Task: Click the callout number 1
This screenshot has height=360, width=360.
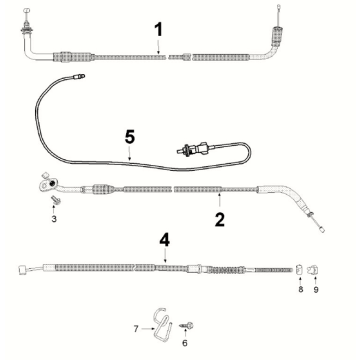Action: (159, 29)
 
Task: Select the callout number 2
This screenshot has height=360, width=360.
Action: (220, 220)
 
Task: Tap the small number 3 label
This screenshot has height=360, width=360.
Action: (54, 219)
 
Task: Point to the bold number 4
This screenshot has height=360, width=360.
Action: (164, 240)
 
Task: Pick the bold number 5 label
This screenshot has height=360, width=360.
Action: (130, 138)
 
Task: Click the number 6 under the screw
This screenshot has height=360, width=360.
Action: (185, 343)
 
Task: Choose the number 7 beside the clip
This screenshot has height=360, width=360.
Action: (136, 329)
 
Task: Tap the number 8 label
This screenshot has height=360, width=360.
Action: (301, 289)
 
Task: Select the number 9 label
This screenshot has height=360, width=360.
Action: (316, 289)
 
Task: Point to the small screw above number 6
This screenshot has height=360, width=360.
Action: (187, 325)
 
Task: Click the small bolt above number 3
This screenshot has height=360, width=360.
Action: (53, 199)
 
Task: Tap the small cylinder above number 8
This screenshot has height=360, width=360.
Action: (299, 268)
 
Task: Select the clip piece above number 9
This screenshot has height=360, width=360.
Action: (312, 269)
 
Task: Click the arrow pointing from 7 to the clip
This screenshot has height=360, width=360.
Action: (147, 329)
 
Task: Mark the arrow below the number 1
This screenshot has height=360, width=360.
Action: (159, 46)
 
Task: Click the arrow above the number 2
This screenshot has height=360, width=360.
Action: (219, 201)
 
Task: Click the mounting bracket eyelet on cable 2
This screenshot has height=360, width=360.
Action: (48, 185)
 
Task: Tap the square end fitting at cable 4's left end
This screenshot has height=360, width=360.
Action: (22, 270)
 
